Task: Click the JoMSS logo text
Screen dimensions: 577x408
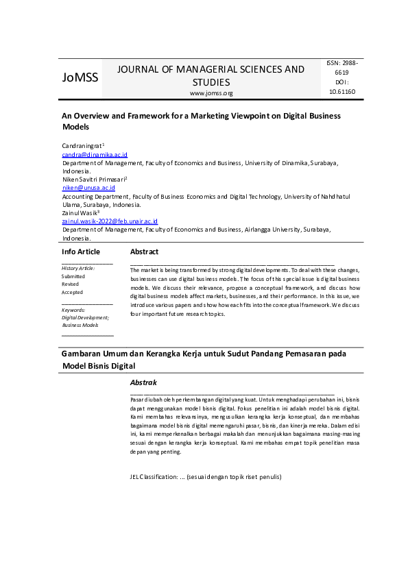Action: (80, 77)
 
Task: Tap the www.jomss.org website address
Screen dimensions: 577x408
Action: (211, 93)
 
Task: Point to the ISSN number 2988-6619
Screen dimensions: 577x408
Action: (341, 67)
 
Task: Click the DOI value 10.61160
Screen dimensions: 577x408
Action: (341, 91)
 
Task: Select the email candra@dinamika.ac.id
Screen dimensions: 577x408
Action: (95, 156)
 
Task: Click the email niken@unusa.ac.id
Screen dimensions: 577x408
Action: (88, 188)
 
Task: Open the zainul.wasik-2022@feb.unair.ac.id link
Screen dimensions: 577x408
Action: (110, 221)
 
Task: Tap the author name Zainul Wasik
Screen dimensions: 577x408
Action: (80, 213)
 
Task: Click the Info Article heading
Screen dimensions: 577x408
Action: (81, 252)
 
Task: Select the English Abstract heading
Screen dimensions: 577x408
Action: (144, 252)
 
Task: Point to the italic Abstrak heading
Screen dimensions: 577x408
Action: (144, 382)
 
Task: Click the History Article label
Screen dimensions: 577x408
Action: (78, 268)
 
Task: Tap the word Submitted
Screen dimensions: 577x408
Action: (73, 276)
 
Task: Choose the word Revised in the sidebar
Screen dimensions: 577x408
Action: (70, 284)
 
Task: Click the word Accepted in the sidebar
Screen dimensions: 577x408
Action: (72, 292)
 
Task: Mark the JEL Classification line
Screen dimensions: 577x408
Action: (206, 476)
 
